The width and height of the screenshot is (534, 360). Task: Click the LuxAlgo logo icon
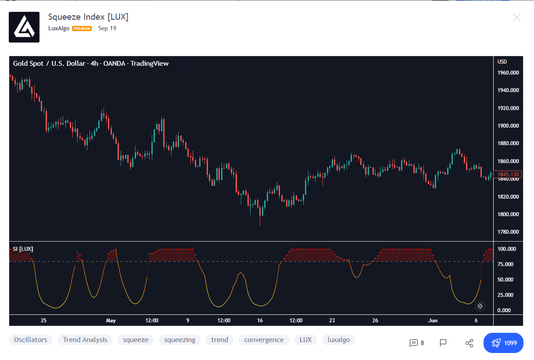click(x=24, y=27)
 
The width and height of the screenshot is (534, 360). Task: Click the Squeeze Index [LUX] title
click(x=88, y=17)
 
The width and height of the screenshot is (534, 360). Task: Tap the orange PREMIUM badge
click(x=82, y=29)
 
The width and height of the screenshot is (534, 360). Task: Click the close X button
click(x=516, y=18)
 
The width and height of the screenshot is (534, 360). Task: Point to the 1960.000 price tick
click(x=508, y=73)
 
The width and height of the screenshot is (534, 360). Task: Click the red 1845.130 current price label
click(x=508, y=175)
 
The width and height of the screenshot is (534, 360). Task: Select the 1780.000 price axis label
click(x=508, y=232)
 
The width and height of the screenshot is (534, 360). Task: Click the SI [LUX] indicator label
click(x=23, y=249)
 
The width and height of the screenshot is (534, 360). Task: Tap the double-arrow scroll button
click(x=480, y=306)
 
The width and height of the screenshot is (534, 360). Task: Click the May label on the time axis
click(x=111, y=321)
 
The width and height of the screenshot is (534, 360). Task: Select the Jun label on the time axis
click(x=433, y=321)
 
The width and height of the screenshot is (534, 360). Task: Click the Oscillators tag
click(x=30, y=340)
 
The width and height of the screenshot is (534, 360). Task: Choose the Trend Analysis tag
click(x=85, y=340)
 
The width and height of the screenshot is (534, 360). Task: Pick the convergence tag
click(x=264, y=340)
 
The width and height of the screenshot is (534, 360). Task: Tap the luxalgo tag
click(x=338, y=340)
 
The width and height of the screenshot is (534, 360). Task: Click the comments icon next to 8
click(x=413, y=343)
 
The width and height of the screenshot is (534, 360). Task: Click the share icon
click(x=469, y=343)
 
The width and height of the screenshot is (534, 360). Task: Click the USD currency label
click(x=502, y=62)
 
